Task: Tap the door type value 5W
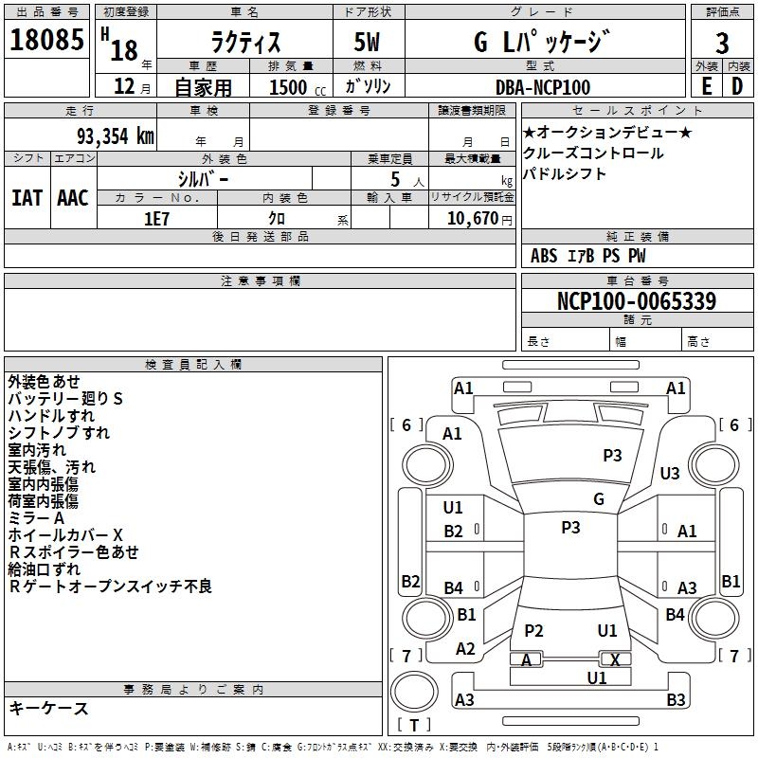(367, 42)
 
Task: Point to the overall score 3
(723, 43)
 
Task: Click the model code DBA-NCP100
(543, 87)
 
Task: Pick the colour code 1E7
(156, 219)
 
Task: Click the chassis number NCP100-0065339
(637, 301)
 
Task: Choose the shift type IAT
(27, 198)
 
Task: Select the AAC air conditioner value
(72, 198)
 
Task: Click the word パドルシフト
(565, 174)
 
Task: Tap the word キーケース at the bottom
(48, 709)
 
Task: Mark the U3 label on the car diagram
(670, 473)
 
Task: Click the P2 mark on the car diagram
(533, 631)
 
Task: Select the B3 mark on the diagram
(676, 700)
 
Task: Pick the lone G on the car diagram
(599, 499)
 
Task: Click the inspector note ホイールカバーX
(65, 535)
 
